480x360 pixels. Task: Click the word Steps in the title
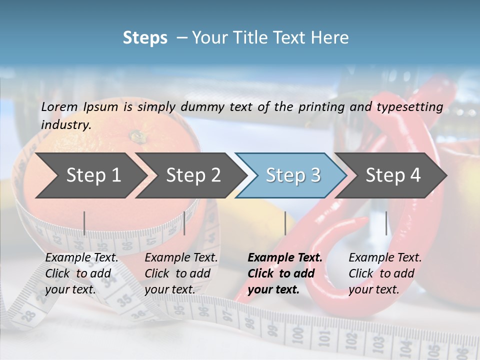coord(145,38)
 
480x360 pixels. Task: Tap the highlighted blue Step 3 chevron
coord(292,175)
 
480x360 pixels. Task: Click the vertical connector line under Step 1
coord(84,223)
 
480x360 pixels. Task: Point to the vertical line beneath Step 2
coord(184,223)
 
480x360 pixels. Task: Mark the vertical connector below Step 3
coord(285,223)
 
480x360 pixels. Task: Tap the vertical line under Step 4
coord(386,223)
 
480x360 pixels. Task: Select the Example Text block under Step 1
coord(81,273)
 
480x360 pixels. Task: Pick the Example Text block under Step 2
coord(181,273)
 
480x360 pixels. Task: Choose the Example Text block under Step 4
coord(385,273)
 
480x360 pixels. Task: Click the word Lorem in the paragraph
coord(59,106)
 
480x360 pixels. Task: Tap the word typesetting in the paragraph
coord(413,107)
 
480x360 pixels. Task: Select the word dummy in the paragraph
coord(202,107)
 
